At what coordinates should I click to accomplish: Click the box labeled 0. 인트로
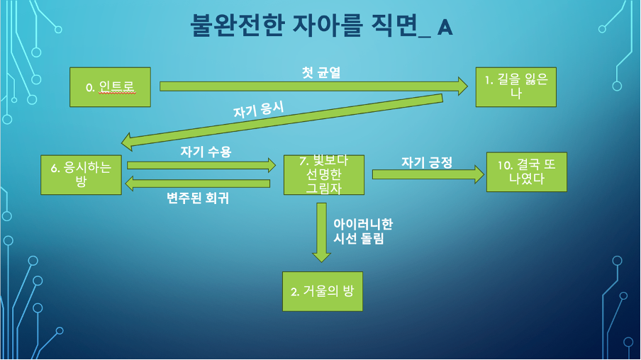tap(110, 86)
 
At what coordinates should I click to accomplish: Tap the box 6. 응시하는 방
tap(81, 174)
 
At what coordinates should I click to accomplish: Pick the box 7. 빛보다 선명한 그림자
tap(323, 174)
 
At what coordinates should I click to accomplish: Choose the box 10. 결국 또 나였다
tap(526, 171)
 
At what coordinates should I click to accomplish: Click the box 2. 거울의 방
tap(322, 291)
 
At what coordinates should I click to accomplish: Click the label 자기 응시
tap(258, 111)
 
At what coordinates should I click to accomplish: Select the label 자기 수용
tap(206, 151)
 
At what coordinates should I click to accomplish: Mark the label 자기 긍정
tap(426, 163)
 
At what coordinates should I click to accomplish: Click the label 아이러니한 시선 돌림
tap(362, 232)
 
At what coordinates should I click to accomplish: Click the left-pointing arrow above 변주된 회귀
tap(198, 183)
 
